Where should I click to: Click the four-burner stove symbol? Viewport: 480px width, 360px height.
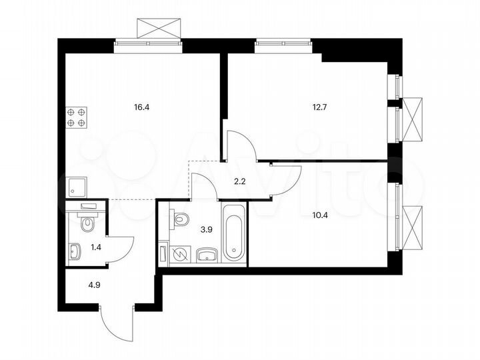coord(76,118)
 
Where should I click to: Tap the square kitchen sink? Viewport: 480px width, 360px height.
coord(76,184)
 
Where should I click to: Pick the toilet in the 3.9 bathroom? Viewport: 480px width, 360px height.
coord(180,218)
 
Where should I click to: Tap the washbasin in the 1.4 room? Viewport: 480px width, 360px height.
coord(75,252)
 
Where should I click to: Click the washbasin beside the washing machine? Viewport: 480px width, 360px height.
coord(206,255)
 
